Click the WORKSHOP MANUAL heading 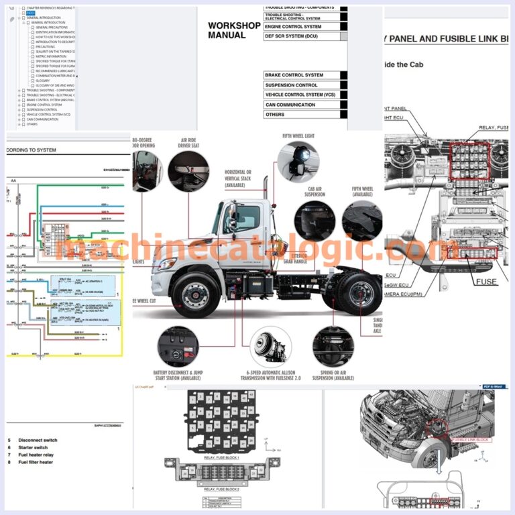[234, 30]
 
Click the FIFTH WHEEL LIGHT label [298, 135]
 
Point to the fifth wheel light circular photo [298, 162]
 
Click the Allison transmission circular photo [270, 346]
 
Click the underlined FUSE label [486, 282]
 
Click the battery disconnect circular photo [178, 346]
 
